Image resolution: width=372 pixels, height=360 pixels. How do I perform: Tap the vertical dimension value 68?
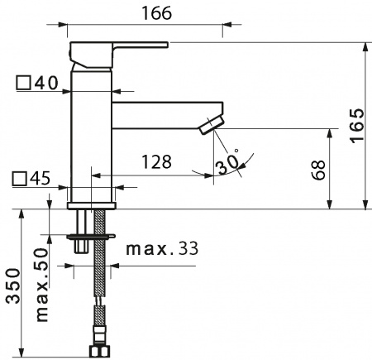pos(319,170)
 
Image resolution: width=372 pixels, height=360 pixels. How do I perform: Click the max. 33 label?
pos(161,248)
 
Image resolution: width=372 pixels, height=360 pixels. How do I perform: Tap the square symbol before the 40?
pos(22,83)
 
